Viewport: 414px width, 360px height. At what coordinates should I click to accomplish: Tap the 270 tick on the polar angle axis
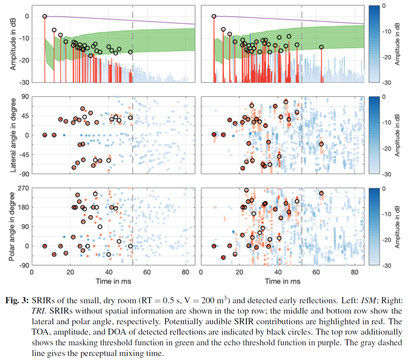pos(22,188)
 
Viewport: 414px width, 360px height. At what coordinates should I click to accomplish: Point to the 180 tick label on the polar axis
pos(22,207)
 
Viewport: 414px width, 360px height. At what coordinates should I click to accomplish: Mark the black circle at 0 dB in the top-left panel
pos(45,16)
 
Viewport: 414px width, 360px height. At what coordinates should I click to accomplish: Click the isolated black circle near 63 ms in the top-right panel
pos(321,47)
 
